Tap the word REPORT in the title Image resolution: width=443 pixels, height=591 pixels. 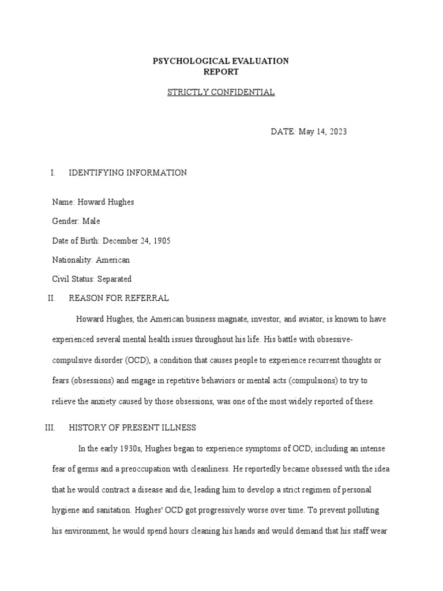(221, 72)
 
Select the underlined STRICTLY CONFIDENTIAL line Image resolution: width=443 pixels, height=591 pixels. (221, 92)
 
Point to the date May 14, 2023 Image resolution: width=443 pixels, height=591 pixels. (323, 132)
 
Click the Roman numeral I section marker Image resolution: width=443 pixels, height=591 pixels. (52, 173)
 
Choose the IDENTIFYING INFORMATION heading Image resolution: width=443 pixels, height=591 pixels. (127, 173)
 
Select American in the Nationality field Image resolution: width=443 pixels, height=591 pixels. (113, 260)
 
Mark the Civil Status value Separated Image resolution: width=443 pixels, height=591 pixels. (114, 279)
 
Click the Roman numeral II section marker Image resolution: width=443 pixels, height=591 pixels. (50, 298)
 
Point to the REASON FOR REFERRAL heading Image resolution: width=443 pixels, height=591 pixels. (119, 298)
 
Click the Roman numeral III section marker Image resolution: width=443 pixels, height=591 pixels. (49, 428)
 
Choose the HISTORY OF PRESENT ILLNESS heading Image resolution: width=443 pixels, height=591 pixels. (133, 428)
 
